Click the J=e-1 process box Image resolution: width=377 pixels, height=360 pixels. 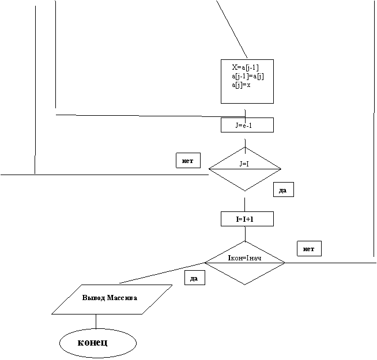[247, 125]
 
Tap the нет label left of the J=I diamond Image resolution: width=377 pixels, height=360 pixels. [188, 161]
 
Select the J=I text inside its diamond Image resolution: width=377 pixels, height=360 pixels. [244, 164]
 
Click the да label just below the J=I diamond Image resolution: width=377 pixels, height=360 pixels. [283, 190]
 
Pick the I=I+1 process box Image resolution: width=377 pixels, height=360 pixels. [247, 219]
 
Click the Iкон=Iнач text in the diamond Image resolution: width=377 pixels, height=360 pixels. [245, 257]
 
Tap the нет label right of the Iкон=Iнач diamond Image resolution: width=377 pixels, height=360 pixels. [309, 249]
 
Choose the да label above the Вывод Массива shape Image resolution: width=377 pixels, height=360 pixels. [194, 278]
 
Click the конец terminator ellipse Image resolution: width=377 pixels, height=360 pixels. [97, 344]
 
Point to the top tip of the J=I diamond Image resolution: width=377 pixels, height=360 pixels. [245, 148]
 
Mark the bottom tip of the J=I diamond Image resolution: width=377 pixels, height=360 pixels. [245, 190]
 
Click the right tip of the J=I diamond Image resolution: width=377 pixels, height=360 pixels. [280, 169]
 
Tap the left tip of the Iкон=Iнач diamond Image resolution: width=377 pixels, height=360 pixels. [206, 263]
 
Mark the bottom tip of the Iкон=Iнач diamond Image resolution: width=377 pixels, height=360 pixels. [245, 284]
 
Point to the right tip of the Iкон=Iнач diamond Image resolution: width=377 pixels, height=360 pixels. [284, 263]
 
